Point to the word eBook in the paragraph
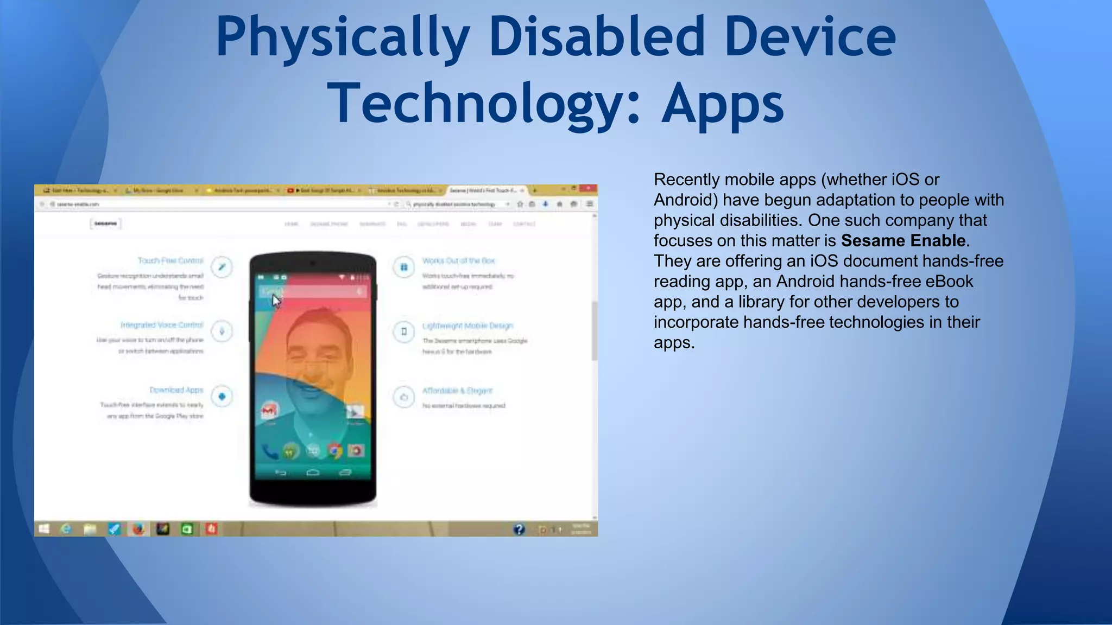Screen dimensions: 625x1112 coord(947,281)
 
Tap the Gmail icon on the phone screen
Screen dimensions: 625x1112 coord(269,411)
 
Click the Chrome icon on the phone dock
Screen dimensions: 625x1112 coord(334,450)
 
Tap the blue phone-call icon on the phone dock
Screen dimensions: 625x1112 coord(269,450)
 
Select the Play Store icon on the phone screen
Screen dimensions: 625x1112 coord(355,412)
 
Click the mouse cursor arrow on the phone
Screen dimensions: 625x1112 coord(276,301)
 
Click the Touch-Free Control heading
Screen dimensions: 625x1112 coord(170,261)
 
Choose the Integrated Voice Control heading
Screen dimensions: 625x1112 coord(162,325)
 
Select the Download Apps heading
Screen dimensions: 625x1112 coord(176,390)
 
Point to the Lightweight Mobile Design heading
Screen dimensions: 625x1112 coord(467,326)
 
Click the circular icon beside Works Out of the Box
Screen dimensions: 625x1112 coord(404,267)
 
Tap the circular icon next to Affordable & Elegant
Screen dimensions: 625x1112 coord(404,397)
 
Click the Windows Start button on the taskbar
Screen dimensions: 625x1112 coord(44,528)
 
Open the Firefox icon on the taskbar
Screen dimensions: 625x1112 coord(138,528)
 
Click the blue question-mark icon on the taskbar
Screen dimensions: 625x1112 coord(519,529)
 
